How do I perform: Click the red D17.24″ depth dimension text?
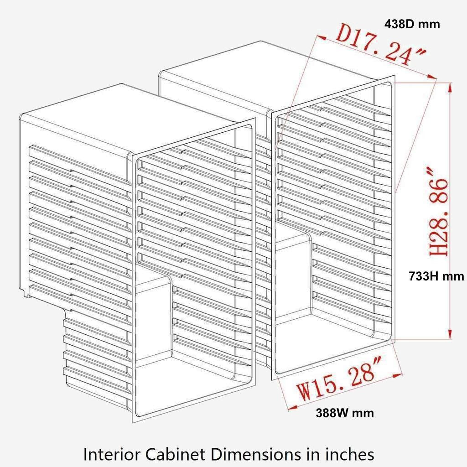[x=381, y=45]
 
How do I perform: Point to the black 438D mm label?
[x=412, y=24]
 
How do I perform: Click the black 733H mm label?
[x=436, y=276]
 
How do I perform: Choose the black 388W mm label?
[x=345, y=413]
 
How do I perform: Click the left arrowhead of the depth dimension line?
[x=322, y=37]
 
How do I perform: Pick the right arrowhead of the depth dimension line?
[x=432, y=77]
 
